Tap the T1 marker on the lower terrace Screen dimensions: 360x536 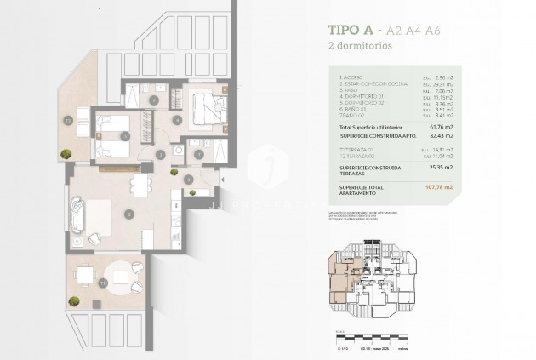pyautogui.click(x=104, y=282)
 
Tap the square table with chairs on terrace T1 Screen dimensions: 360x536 pyautogui.click(x=85, y=275)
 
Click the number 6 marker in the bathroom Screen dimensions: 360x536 pyautogui.click(x=153, y=100)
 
